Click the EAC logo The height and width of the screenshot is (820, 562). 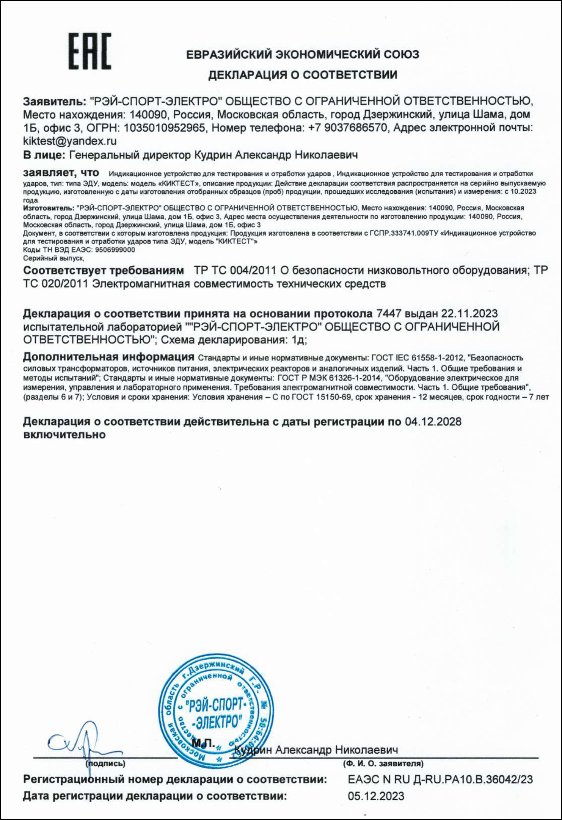pos(89,51)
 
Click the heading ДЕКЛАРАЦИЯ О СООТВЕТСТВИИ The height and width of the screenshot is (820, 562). pos(303,75)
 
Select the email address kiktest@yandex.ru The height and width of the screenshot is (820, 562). pos(70,141)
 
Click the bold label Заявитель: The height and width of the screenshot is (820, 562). pos(55,101)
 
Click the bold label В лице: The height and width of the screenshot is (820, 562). pos(44,155)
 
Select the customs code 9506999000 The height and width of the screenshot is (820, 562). pos(115,250)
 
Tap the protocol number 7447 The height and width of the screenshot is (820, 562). pos(388,314)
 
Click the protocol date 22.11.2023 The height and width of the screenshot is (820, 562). pos(469,314)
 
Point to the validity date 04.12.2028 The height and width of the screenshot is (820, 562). pos(433,421)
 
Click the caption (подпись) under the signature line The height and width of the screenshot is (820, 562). pos(105,764)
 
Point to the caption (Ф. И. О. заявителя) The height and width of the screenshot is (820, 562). pos(383,764)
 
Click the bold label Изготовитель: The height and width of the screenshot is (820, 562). pos(49,208)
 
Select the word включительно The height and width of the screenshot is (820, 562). pos(64,434)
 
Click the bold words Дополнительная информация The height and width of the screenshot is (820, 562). pos(108,357)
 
